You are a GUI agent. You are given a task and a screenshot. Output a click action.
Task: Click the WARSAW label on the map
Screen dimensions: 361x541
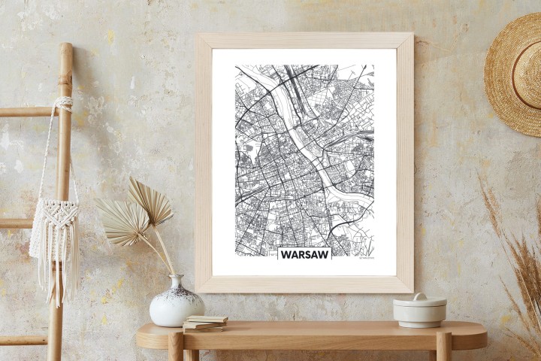click(304, 254)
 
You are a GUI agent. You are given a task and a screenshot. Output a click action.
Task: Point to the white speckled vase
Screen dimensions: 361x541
click(177, 305)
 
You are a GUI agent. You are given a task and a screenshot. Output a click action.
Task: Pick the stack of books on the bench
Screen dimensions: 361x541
click(204, 323)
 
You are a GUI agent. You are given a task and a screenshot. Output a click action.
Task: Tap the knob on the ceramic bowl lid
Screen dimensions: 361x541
click(419, 297)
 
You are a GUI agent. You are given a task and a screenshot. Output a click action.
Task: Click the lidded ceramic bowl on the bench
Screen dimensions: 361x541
click(419, 311)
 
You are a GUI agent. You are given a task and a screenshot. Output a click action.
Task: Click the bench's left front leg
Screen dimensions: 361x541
click(176, 347)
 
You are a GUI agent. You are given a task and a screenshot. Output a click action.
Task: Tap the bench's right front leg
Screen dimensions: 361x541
click(444, 347)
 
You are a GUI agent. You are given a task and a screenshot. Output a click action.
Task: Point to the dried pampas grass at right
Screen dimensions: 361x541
click(518, 256)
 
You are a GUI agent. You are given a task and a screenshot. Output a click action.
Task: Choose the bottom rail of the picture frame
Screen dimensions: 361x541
click(304, 284)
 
